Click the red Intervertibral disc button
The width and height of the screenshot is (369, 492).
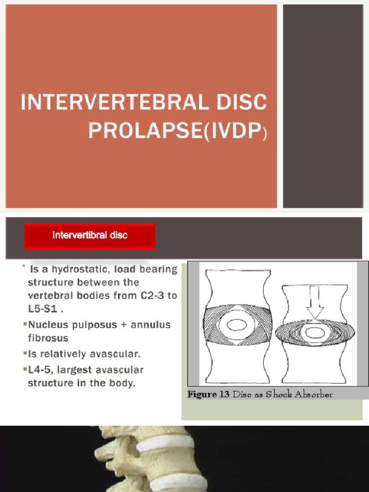[x=90, y=236]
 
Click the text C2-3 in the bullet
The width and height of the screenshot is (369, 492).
[x=153, y=295]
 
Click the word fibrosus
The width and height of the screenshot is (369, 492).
[x=48, y=338]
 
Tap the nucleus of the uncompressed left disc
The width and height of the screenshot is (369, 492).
[x=237, y=325]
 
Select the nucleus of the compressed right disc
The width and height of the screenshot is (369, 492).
[x=315, y=332]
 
